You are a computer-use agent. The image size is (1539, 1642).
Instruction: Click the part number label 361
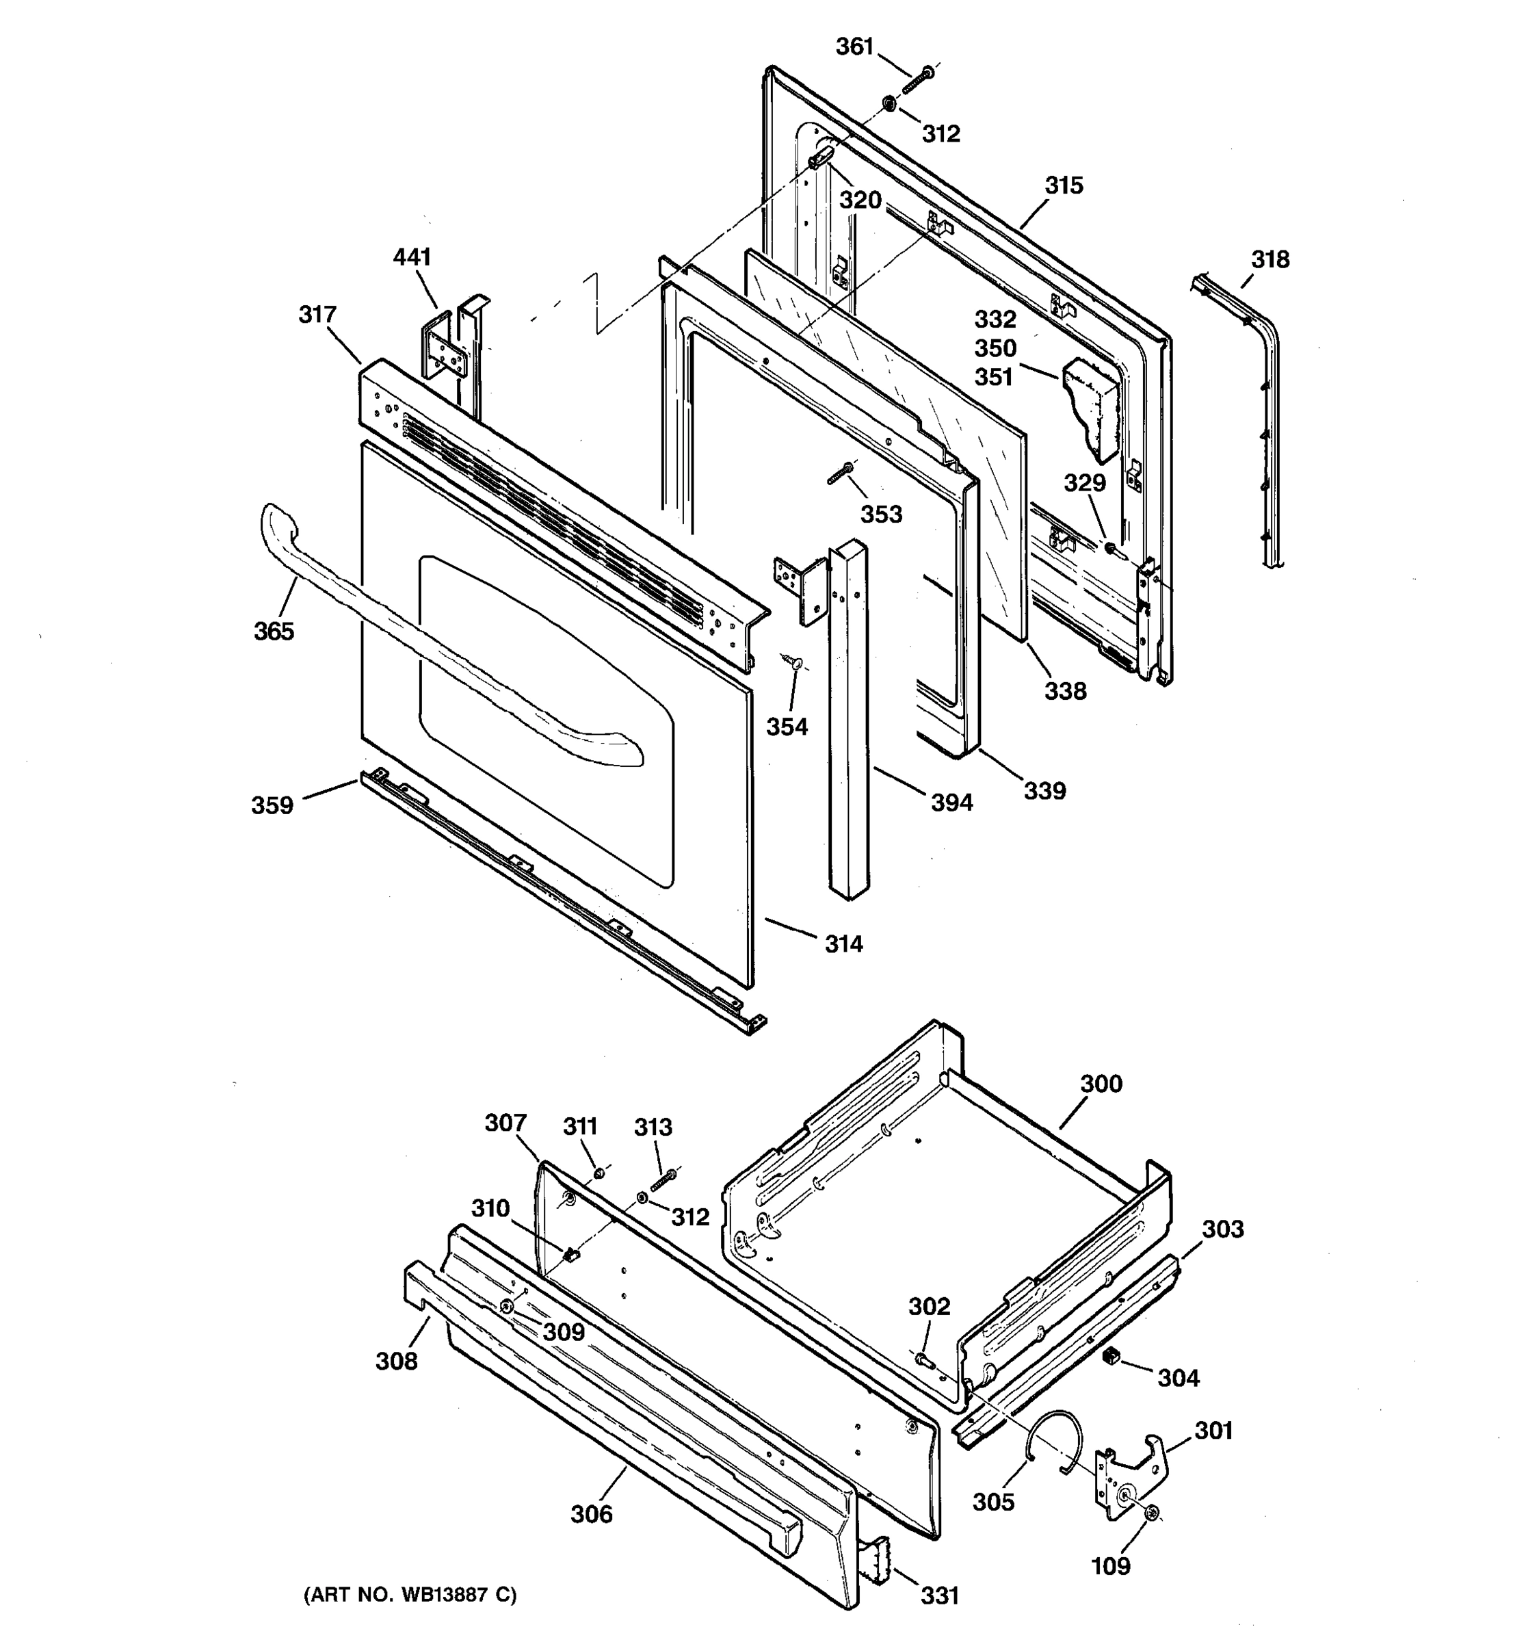(854, 47)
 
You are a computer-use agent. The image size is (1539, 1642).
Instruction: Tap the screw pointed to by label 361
(917, 81)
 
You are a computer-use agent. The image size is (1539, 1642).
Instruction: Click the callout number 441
(412, 258)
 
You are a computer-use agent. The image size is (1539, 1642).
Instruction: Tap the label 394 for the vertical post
(952, 802)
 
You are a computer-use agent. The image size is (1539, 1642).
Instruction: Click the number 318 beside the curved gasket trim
(1270, 260)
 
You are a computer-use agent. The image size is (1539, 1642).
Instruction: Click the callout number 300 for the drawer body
(1101, 1084)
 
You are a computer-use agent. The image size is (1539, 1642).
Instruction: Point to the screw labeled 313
(663, 1181)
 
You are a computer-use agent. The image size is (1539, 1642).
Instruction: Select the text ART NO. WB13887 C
(410, 1595)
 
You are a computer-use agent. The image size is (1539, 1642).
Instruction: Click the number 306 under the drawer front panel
(591, 1514)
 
